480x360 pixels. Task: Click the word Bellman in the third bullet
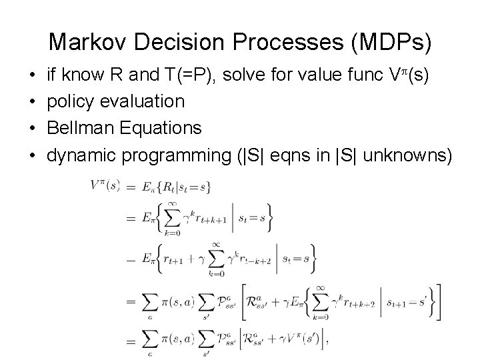[x=76, y=129]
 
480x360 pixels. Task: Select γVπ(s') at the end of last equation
[x=300, y=341]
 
